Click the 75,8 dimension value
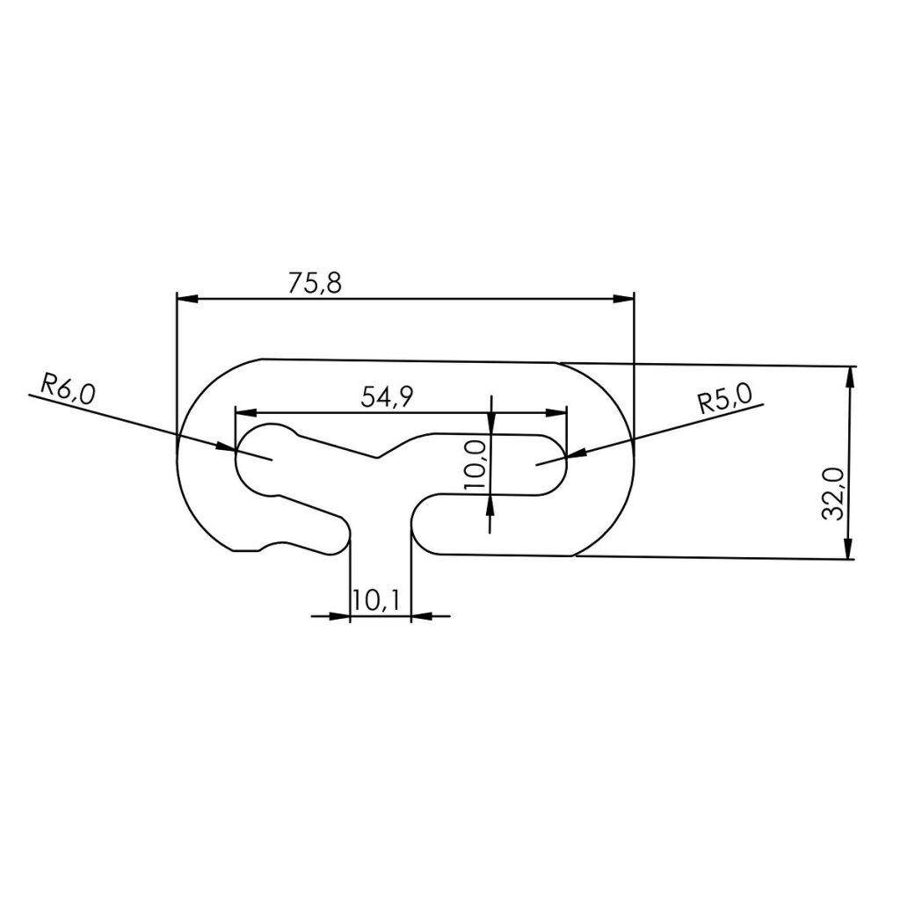[x=315, y=283]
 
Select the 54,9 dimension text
[x=387, y=396]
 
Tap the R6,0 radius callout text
[x=68, y=389]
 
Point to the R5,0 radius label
[x=725, y=399]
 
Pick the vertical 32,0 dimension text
[x=833, y=494]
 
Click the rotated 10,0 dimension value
[x=475, y=465]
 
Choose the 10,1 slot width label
[x=376, y=600]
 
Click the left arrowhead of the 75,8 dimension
[x=187, y=299]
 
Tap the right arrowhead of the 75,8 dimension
[x=623, y=299]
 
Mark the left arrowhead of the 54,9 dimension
[x=246, y=412]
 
